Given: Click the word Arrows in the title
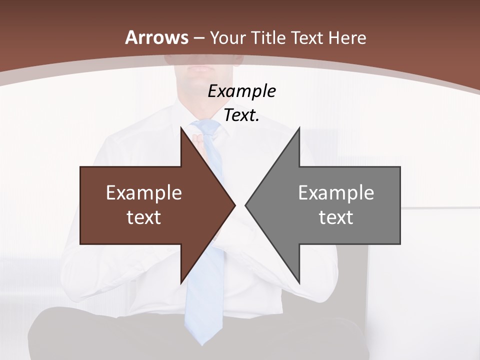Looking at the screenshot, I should (156, 37).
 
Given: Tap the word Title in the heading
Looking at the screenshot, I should (267, 37).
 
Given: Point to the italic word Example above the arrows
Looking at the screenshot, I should (241, 91).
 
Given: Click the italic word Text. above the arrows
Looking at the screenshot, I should (241, 115).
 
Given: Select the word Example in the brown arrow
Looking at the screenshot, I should (144, 192).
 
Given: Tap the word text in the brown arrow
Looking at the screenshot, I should (144, 217).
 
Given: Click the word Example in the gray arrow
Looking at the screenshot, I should (336, 192).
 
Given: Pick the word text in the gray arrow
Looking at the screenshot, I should (336, 217).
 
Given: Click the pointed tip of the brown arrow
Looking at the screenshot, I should (235, 205).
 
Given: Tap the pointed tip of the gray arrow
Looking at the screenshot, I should (245, 205).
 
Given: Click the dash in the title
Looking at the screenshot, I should (198, 38).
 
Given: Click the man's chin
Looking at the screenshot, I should (202, 75).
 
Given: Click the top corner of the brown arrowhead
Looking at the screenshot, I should (181, 127).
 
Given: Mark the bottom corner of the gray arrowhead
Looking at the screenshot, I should (299, 283).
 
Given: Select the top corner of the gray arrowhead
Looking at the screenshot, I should (299, 127).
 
